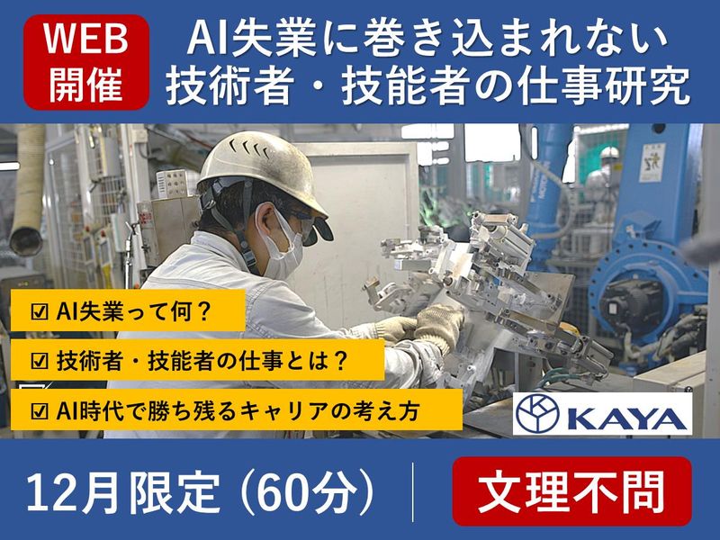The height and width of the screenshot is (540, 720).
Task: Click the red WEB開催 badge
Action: pyautogui.click(x=86, y=61)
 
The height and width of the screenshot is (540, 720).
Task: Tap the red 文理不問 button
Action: pyautogui.click(x=571, y=491)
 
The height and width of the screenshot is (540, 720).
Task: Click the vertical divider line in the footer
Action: pyautogui.click(x=413, y=492)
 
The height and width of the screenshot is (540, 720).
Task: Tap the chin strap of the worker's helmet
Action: pyautogui.click(x=251, y=238)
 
